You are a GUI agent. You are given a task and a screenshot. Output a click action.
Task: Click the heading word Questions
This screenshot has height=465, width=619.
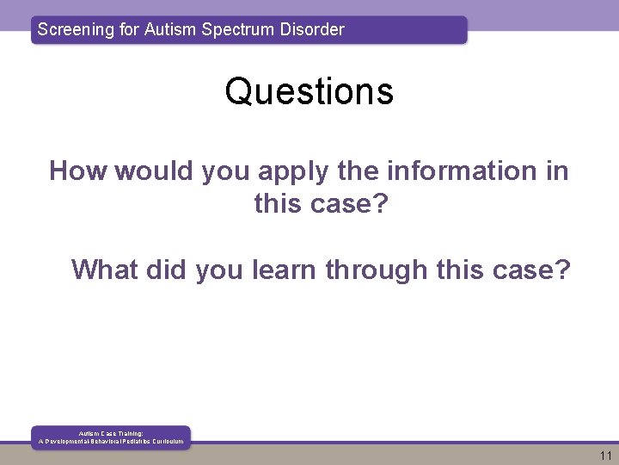309,91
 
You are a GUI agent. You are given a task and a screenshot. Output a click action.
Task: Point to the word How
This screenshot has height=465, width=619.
78,170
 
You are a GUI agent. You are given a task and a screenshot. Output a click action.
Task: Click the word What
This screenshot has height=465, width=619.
102,270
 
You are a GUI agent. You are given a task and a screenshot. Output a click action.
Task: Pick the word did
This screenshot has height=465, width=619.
163,270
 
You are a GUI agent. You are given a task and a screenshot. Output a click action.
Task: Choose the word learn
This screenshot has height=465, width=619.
285,270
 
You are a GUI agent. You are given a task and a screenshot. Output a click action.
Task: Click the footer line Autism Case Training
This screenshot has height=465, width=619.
111,433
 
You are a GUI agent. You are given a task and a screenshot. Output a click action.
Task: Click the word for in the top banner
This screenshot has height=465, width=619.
132,29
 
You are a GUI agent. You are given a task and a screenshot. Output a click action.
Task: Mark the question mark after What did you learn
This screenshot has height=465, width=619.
562,270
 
